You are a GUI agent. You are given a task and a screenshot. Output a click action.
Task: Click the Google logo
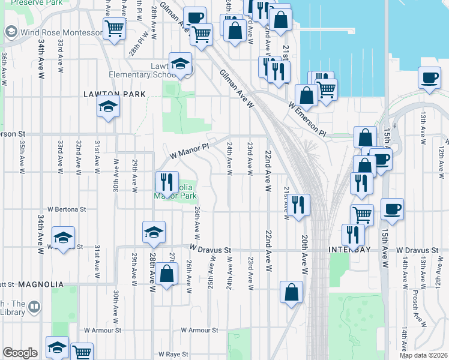point(20,352)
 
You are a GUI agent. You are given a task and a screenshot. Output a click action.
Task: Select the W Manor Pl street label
point(189,148)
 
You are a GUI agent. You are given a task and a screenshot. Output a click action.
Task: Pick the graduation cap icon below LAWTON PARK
point(108,106)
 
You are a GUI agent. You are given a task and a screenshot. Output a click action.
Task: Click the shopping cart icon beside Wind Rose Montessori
point(114,27)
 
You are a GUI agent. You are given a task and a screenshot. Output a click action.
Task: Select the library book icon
point(35,307)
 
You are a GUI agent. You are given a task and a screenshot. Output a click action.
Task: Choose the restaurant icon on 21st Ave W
point(298,205)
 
